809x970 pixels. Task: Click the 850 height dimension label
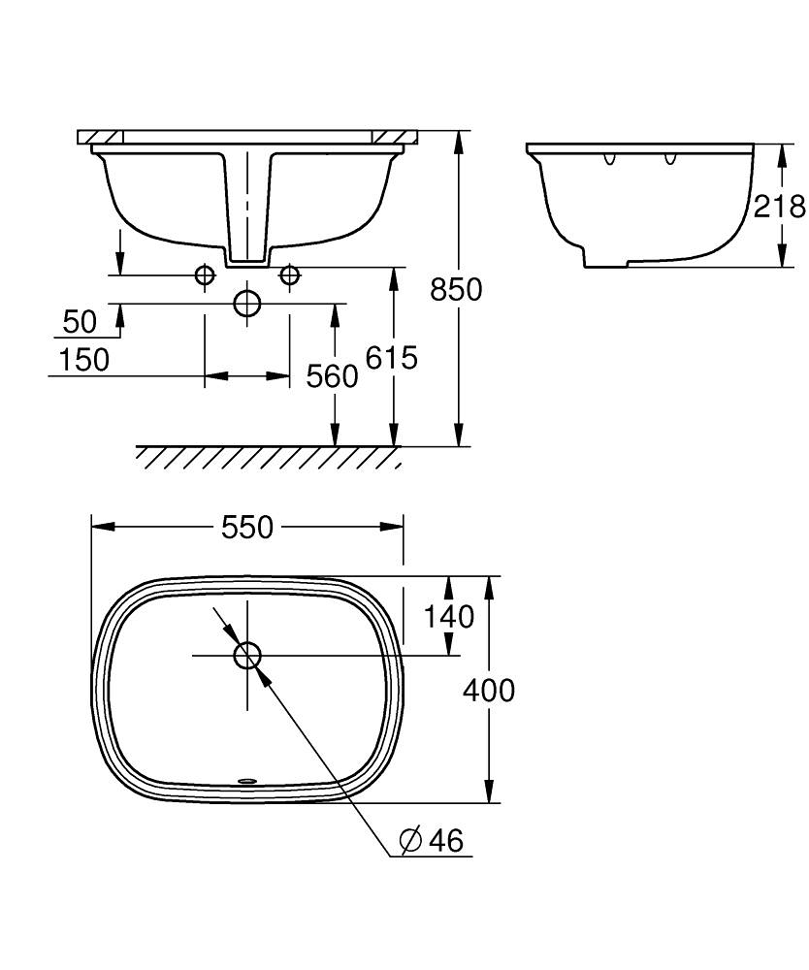tap(456, 289)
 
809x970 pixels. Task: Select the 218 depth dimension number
tap(779, 206)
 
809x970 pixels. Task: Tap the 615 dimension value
tap(392, 358)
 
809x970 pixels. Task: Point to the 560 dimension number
tap(332, 376)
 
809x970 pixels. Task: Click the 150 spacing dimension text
tap(84, 360)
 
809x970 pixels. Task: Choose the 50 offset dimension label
tap(81, 322)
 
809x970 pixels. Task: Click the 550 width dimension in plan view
tap(247, 528)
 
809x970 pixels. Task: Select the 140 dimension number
tap(448, 617)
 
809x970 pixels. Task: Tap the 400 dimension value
tap(489, 691)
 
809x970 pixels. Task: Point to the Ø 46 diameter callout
tap(432, 840)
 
